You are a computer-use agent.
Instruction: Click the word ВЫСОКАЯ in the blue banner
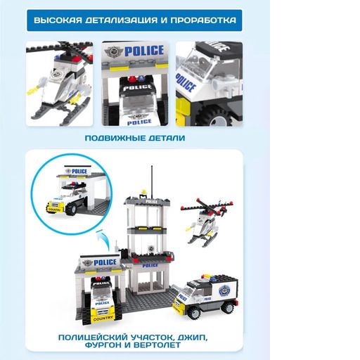pos(58,20)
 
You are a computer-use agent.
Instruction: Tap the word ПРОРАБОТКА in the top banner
pos(203,20)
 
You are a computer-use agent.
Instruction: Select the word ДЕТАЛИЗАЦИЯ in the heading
pos(122,20)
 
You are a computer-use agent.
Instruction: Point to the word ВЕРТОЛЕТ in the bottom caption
pos(157,345)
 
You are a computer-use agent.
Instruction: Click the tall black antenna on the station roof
pos(152,182)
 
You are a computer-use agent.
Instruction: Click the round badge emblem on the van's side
pos(224,290)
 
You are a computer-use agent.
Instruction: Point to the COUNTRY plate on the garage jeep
pos(103,319)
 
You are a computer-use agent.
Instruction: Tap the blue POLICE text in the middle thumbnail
pos(144,51)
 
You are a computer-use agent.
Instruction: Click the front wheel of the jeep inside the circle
pos(72,208)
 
